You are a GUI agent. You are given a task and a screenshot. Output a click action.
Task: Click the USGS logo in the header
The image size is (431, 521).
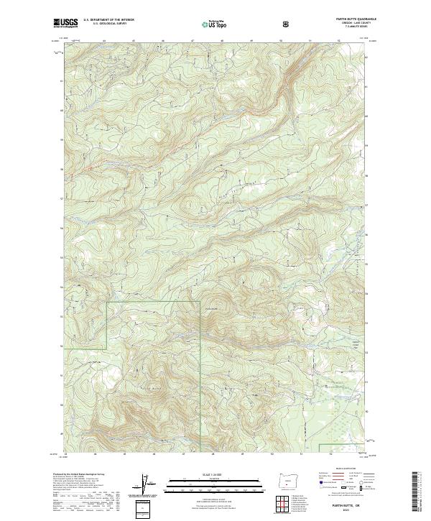[67, 23]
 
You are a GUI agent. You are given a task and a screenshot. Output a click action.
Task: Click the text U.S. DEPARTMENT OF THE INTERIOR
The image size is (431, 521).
[108, 20]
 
